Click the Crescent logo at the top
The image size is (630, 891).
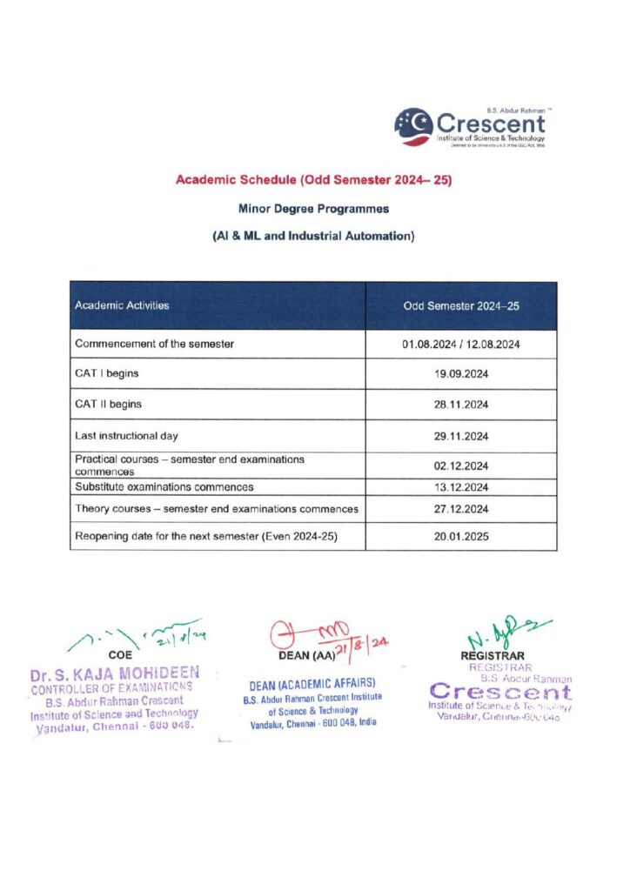[470, 127]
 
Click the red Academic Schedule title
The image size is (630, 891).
[313, 180]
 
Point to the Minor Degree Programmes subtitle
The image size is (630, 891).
[313, 209]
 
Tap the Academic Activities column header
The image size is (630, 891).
[122, 306]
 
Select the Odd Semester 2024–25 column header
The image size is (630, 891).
[461, 306]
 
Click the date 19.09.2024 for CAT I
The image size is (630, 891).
[461, 374]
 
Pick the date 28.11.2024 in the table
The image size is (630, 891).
[461, 405]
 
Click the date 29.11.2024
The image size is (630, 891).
[461, 436]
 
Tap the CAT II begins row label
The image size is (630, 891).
[109, 405]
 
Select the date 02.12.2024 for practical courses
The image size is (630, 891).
[461, 466]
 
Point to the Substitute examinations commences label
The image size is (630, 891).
[164, 486]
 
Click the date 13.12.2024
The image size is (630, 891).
[461, 486]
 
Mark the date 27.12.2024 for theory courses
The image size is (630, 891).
[461, 509]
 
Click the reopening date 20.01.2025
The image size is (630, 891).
[461, 537]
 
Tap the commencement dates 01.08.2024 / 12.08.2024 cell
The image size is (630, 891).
[461, 344]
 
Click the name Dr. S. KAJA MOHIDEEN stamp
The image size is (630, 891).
[115, 673]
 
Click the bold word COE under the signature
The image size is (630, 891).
[120, 654]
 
